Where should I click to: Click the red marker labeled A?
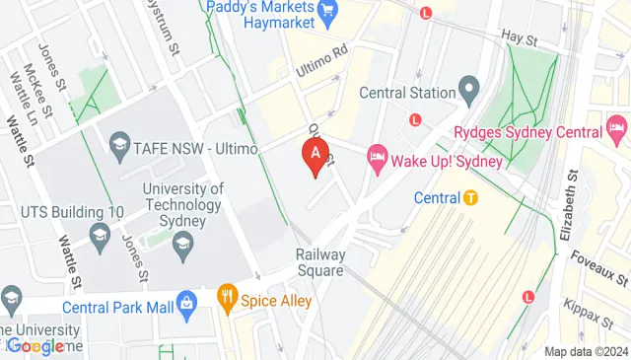click(x=315, y=156)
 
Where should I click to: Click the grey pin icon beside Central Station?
click(x=468, y=92)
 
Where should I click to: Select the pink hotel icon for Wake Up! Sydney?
click(x=376, y=157)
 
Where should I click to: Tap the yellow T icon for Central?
click(x=471, y=197)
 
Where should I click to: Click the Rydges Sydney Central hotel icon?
click(x=617, y=128)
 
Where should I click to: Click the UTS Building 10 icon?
click(x=99, y=234)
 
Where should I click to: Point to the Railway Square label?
click(x=320, y=263)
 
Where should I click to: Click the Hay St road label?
click(x=518, y=40)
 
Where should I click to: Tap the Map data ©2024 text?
click(x=586, y=351)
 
